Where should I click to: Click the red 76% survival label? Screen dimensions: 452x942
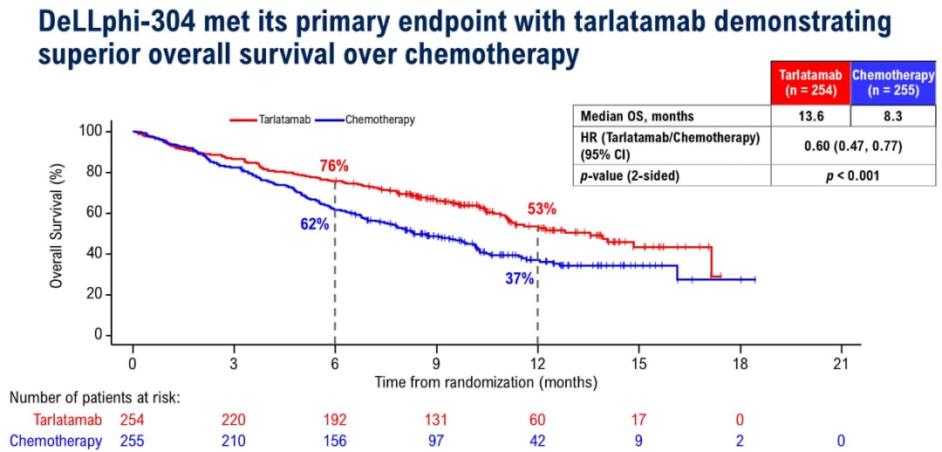coord(334,166)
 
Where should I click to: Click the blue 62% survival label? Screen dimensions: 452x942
coord(315,224)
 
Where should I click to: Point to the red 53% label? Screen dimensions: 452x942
coord(541,209)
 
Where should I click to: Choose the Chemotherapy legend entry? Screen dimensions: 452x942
coord(379,120)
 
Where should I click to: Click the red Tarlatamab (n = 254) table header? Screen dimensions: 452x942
coord(811,83)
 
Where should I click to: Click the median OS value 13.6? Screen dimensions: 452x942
coord(811,116)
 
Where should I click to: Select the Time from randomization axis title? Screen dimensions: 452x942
coord(486,382)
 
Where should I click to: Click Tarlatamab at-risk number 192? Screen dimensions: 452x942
coord(335,421)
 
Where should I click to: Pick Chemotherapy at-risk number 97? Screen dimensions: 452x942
coord(436,442)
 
